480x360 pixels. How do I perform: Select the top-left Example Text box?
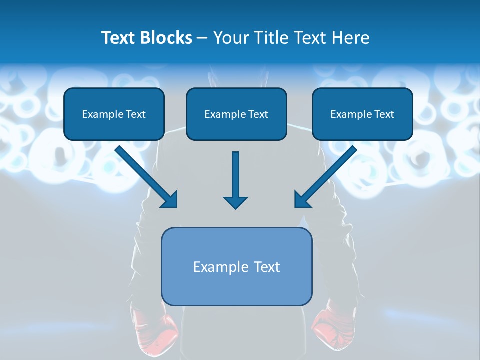click(x=114, y=114)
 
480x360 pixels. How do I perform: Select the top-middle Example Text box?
click(x=236, y=114)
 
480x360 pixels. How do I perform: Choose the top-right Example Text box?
click(x=362, y=114)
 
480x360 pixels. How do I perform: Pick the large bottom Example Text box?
click(x=236, y=266)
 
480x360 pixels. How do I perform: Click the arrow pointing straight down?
click(x=236, y=180)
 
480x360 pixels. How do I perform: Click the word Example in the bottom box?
click(x=220, y=267)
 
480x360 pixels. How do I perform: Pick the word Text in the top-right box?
click(x=384, y=114)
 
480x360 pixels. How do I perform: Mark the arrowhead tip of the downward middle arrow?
click(x=236, y=208)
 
